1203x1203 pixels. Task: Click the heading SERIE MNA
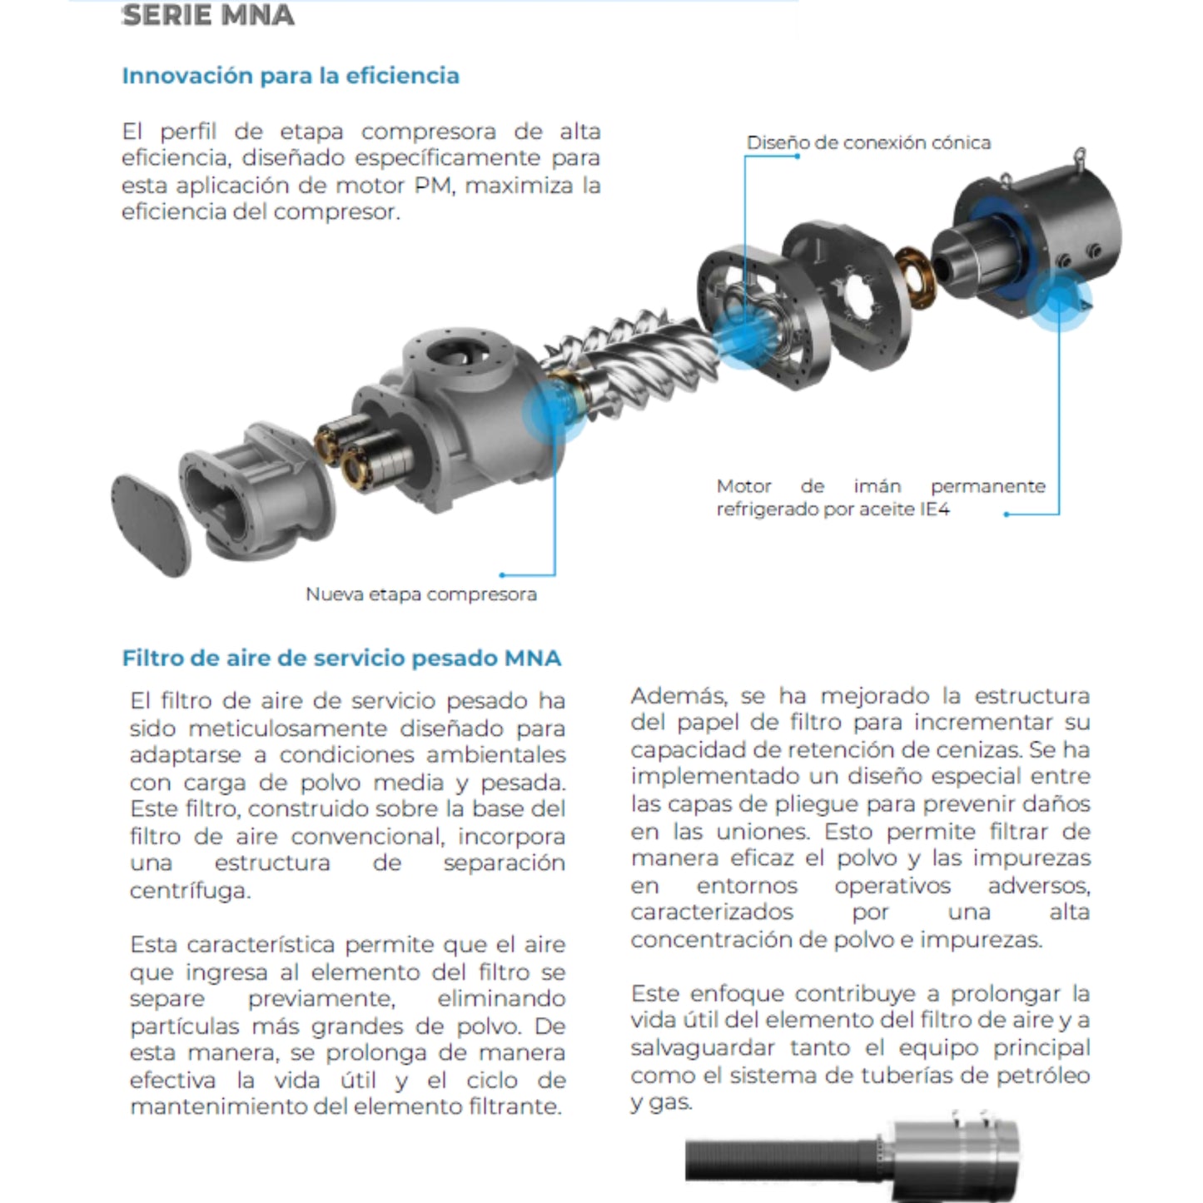pos(208,16)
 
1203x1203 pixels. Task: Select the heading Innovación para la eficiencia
pos(291,76)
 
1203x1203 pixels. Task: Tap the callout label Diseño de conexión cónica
pos(868,142)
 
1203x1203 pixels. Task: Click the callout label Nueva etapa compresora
pos(420,594)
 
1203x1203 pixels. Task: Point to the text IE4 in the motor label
pos(935,510)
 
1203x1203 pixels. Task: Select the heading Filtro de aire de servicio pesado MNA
pos(341,659)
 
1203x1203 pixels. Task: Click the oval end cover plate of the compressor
pos(151,524)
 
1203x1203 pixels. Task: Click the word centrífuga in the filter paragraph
pos(189,891)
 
